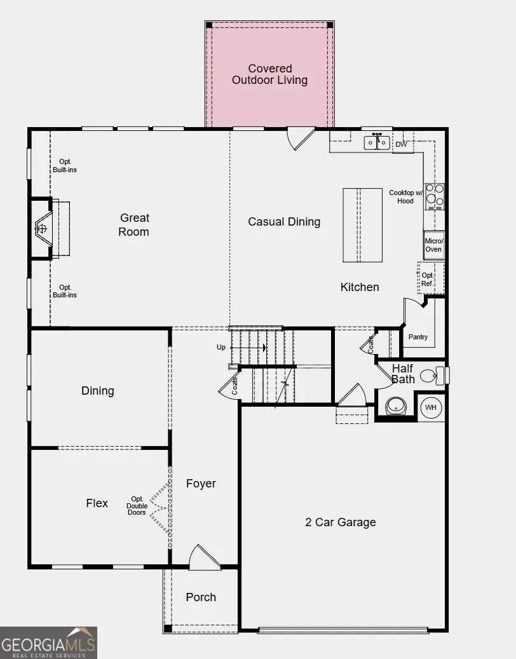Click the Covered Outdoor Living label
click(x=269, y=74)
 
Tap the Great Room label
click(x=134, y=225)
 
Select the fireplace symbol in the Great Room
click(x=43, y=228)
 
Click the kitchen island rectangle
click(x=363, y=224)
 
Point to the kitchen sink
click(x=377, y=142)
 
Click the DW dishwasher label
click(x=401, y=145)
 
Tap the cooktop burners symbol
click(x=435, y=196)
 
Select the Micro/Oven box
click(x=433, y=245)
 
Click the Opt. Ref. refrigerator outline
click(x=429, y=279)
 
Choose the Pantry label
click(x=418, y=337)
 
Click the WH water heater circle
click(x=431, y=407)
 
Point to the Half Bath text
click(x=403, y=374)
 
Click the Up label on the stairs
click(x=221, y=348)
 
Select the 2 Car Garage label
click(x=340, y=522)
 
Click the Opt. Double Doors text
click(x=138, y=505)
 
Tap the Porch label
click(x=201, y=597)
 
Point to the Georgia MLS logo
click(x=48, y=642)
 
